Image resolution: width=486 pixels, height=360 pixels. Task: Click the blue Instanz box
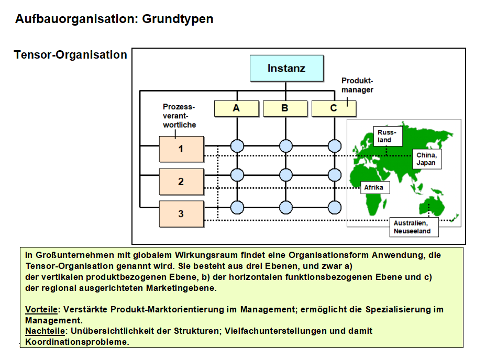click(x=286, y=68)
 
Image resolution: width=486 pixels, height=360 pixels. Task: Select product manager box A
click(x=237, y=108)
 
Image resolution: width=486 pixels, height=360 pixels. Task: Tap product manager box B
click(x=285, y=108)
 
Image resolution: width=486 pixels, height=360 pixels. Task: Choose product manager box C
click(x=334, y=108)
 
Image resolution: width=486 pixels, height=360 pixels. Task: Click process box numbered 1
click(x=181, y=149)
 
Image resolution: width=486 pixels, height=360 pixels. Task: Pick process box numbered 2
click(x=181, y=182)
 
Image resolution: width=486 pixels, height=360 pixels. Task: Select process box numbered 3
click(x=181, y=213)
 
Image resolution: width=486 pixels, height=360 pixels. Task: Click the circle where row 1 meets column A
click(x=237, y=145)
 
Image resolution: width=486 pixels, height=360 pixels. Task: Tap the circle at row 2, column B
click(x=285, y=174)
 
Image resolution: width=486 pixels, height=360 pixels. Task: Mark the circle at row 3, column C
click(x=334, y=207)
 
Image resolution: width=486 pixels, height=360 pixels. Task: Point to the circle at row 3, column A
click(x=237, y=207)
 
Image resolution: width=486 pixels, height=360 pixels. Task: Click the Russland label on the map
click(x=388, y=137)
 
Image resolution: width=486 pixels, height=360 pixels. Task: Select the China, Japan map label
click(x=426, y=159)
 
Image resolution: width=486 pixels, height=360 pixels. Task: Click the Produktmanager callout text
click(x=357, y=85)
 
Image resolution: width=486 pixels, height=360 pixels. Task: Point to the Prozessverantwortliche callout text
click(x=179, y=116)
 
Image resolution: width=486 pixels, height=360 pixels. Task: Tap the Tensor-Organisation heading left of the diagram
click(x=71, y=55)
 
